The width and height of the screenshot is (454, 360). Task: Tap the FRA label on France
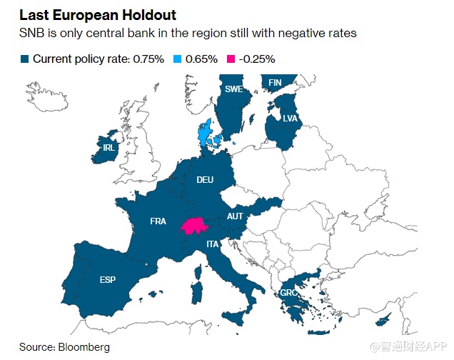[x=158, y=221]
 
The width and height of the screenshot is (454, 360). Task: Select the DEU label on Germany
[x=206, y=180]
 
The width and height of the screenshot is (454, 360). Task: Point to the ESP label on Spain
[x=108, y=279]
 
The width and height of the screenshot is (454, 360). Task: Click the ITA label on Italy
[x=213, y=244]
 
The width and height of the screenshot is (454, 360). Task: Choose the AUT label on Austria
[x=235, y=216]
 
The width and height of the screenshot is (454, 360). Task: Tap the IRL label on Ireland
[x=109, y=148]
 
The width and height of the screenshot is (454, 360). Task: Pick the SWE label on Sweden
[x=233, y=89]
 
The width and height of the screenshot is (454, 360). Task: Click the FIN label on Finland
[x=275, y=83]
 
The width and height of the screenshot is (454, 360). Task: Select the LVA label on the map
[x=290, y=119]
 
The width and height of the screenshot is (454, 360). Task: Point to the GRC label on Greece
[x=288, y=293]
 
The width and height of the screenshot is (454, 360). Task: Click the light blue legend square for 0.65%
[x=177, y=59]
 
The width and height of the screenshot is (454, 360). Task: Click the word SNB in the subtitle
[x=32, y=34]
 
